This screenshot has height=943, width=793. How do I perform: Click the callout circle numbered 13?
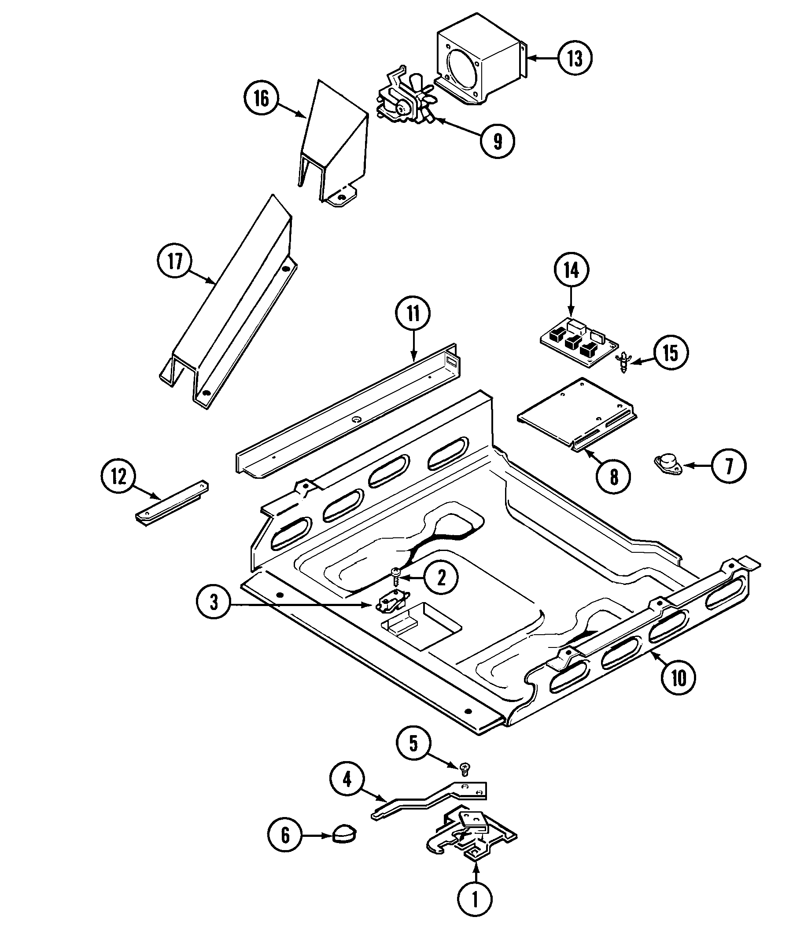tap(575, 59)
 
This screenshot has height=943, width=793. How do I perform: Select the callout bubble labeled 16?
tap(262, 98)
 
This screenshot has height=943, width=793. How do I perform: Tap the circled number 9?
tap(497, 141)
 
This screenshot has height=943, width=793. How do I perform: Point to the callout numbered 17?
tap(175, 261)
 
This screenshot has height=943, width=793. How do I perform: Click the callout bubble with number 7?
tap(729, 466)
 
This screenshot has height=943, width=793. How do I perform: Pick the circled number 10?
tap(679, 689)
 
